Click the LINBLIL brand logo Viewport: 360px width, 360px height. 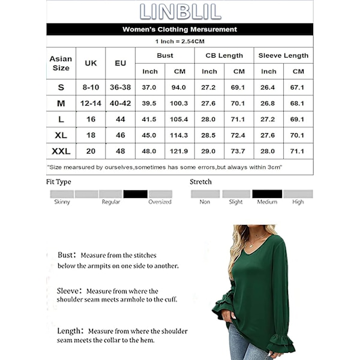tap(180, 11)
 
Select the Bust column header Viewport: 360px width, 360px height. tap(165, 55)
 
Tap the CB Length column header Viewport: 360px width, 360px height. tap(224, 55)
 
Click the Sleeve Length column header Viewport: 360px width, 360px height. tap(283, 55)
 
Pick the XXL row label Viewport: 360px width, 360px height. tap(61, 151)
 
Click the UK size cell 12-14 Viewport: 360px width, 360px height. tap(91, 103)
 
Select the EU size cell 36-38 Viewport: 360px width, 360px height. tap(120, 87)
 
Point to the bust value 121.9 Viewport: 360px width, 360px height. tap(179, 151)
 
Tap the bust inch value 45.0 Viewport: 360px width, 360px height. tap(150, 135)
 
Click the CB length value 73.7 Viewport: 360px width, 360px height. tap(239, 151)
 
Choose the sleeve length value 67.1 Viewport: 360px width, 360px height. tap(298, 87)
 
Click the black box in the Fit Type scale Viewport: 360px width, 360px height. tap(135, 194)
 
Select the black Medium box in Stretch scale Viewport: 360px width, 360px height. tap(267, 194)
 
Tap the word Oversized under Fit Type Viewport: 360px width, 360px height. tap(160, 202)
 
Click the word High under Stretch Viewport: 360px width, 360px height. tap(298, 202)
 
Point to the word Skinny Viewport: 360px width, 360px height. tap(62, 202)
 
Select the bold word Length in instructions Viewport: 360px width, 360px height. tap(69, 331)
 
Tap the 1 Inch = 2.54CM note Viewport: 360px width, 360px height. tap(180, 41)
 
